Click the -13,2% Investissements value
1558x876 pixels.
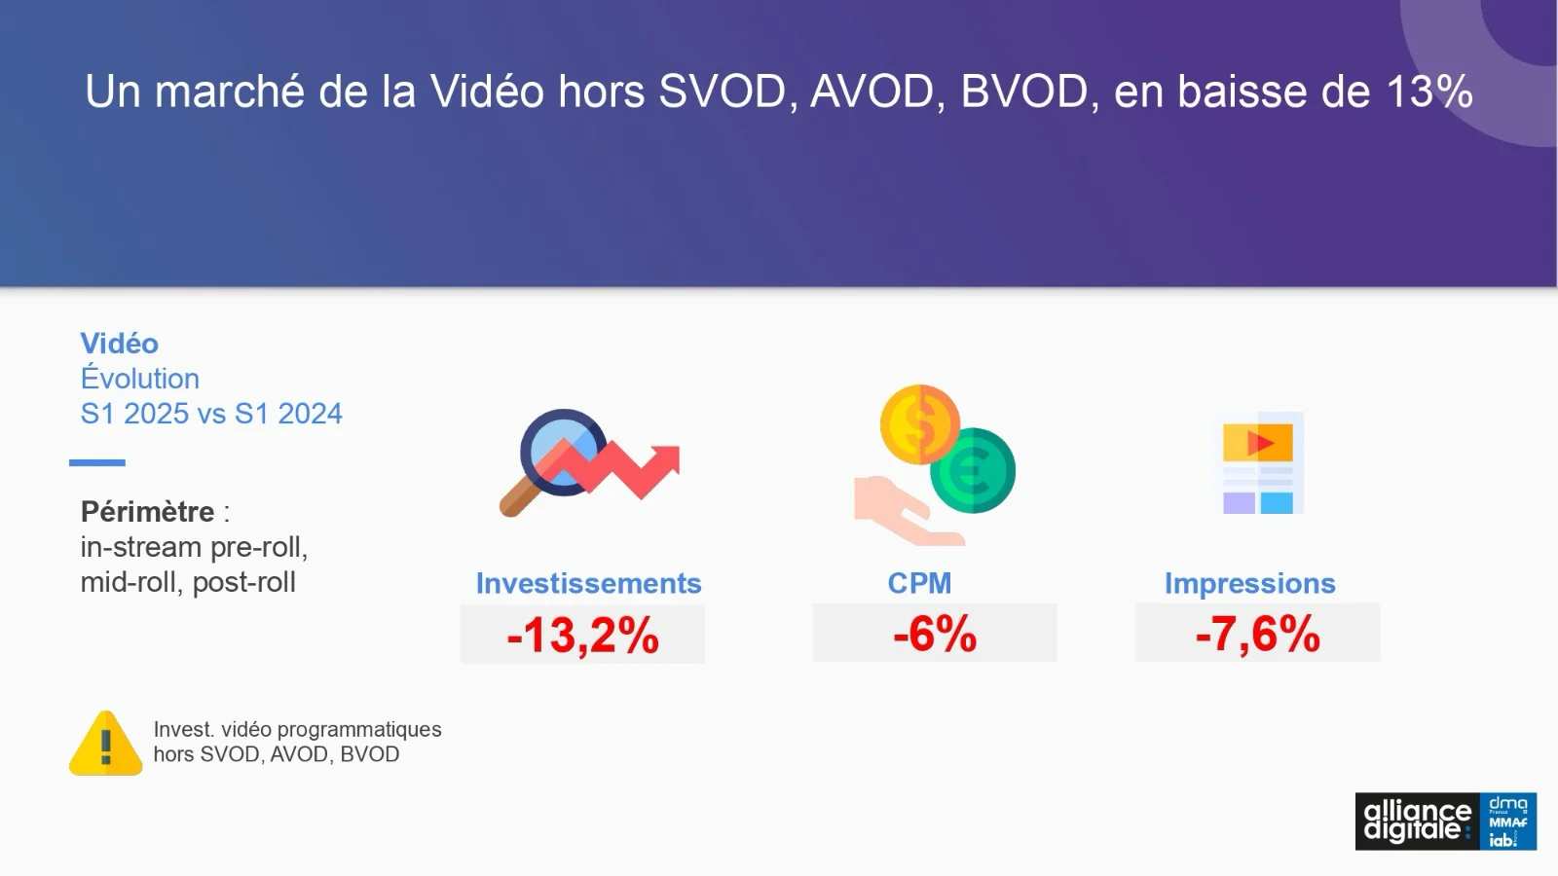pos(583,636)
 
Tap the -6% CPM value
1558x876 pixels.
pos(935,634)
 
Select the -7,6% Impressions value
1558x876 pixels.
pos(1257,634)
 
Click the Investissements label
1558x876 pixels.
pos(588,583)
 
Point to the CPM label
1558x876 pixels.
pos(919,583)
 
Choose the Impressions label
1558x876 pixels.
pos(1250,584)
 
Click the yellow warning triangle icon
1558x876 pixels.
pos(106,744)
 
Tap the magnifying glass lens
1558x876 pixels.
pos(563,452)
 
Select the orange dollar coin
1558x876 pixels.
pos(919,424)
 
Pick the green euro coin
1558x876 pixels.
pos(973,471)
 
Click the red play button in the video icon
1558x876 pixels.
pos(1260,443)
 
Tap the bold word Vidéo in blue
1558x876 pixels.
pos(119,344)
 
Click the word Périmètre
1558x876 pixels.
pos(147,512)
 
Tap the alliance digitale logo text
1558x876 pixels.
pos(1418,821)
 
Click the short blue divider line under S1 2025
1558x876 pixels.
pos(96,462)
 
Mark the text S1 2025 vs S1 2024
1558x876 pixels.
pos(211,414)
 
